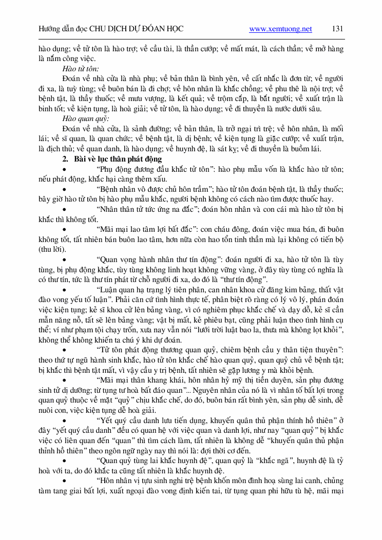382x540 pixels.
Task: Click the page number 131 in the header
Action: [x=337, y=29]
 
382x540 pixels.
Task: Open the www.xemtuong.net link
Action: [x=280, y=29]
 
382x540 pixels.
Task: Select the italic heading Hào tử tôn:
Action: [x=81, y=68]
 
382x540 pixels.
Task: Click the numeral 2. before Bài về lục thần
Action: [x=65, y=159]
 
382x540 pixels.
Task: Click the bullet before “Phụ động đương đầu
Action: [x=64, y=170]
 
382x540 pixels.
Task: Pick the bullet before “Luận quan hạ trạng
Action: [x=64, y=290]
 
